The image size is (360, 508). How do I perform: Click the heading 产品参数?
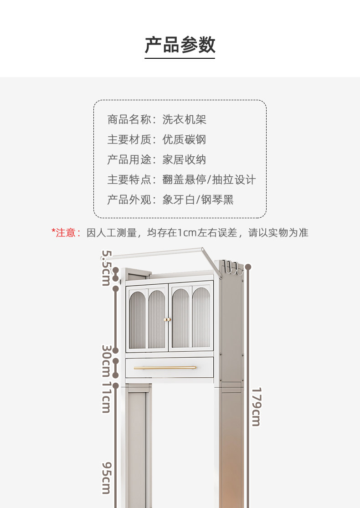pos(180,45)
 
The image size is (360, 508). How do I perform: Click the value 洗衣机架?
pos(185,120)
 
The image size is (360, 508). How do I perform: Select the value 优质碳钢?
pos(185,139)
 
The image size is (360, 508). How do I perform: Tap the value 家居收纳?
pos(185,159)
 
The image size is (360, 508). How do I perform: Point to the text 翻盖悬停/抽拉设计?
pos(209,180)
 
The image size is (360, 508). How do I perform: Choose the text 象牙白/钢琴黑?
pos(198,200)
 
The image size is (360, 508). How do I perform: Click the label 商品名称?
pos(129,120)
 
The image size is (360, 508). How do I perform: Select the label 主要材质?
pos(129,139)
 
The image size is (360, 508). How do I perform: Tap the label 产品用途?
pos(129,159)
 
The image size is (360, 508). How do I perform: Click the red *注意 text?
pos(65,233)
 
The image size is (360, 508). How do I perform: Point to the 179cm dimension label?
pos(256,406)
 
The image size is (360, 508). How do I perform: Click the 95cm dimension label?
pos(106,477)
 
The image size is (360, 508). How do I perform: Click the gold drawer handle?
pos(165,367)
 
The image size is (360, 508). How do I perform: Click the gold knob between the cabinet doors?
pos(168,319)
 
